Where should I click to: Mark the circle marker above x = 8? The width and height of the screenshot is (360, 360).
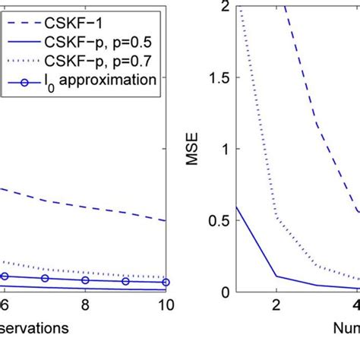point(85,280)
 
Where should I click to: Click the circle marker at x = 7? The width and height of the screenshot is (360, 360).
point(45,279)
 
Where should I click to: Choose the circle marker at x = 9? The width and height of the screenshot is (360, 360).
point(125,282)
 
